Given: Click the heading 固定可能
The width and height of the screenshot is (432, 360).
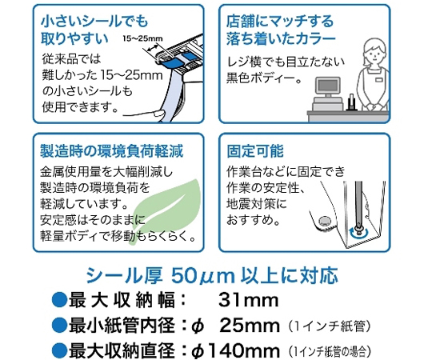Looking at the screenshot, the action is (255, 151).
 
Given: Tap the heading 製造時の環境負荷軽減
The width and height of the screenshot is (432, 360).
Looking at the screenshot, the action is (112, 151).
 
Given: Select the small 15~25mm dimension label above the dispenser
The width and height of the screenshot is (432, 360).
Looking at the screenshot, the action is (142, 38).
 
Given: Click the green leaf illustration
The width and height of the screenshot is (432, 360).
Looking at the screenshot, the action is (168, 210).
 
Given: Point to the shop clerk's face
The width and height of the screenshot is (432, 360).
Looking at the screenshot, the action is (374, 53).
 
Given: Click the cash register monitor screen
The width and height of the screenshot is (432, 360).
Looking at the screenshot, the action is (327, 86).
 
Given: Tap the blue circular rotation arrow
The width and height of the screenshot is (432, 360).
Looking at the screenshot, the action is (358, 234).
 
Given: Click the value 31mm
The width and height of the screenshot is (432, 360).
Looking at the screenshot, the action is (249, 300).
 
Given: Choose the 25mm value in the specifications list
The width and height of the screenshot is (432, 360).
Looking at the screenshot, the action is (250, 326).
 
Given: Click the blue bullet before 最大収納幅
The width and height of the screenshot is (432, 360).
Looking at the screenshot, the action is (59, 300).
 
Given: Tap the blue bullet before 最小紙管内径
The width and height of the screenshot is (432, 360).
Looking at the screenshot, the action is (59, 326).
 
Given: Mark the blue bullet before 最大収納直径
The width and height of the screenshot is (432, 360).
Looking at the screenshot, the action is (59, 350).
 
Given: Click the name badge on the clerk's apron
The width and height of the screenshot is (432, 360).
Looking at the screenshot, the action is (379, 80).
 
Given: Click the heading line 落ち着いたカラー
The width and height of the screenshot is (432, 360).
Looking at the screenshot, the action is (281, 38).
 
